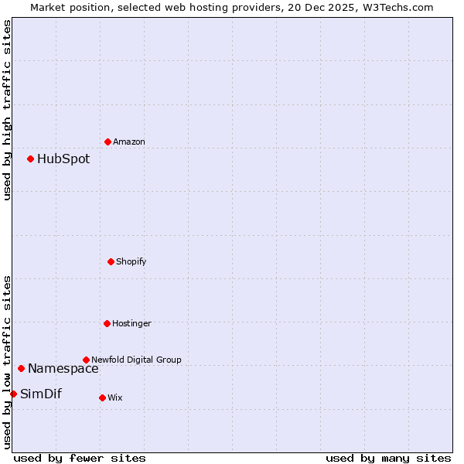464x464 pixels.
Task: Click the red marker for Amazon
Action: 107,142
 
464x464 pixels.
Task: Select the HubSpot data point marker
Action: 30,159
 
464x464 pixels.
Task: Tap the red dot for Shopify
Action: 111,261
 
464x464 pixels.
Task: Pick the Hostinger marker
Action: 107,323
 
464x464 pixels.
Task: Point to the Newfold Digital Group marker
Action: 86,360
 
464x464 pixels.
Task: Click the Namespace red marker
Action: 21,368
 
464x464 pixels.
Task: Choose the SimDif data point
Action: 13,394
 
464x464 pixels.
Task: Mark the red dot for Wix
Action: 102,397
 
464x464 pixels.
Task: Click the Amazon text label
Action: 129,142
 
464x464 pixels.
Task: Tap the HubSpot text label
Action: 63,159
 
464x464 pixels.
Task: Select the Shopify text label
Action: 131,261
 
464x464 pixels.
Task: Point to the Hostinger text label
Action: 132,323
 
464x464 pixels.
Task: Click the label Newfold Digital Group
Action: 137,360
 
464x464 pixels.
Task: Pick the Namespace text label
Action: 63,368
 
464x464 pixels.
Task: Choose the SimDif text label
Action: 41,394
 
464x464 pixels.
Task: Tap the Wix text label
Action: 115,397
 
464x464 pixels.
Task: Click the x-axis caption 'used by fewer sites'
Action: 80,458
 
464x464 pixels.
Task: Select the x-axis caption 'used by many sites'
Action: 388,458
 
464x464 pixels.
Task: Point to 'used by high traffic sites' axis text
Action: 7,110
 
